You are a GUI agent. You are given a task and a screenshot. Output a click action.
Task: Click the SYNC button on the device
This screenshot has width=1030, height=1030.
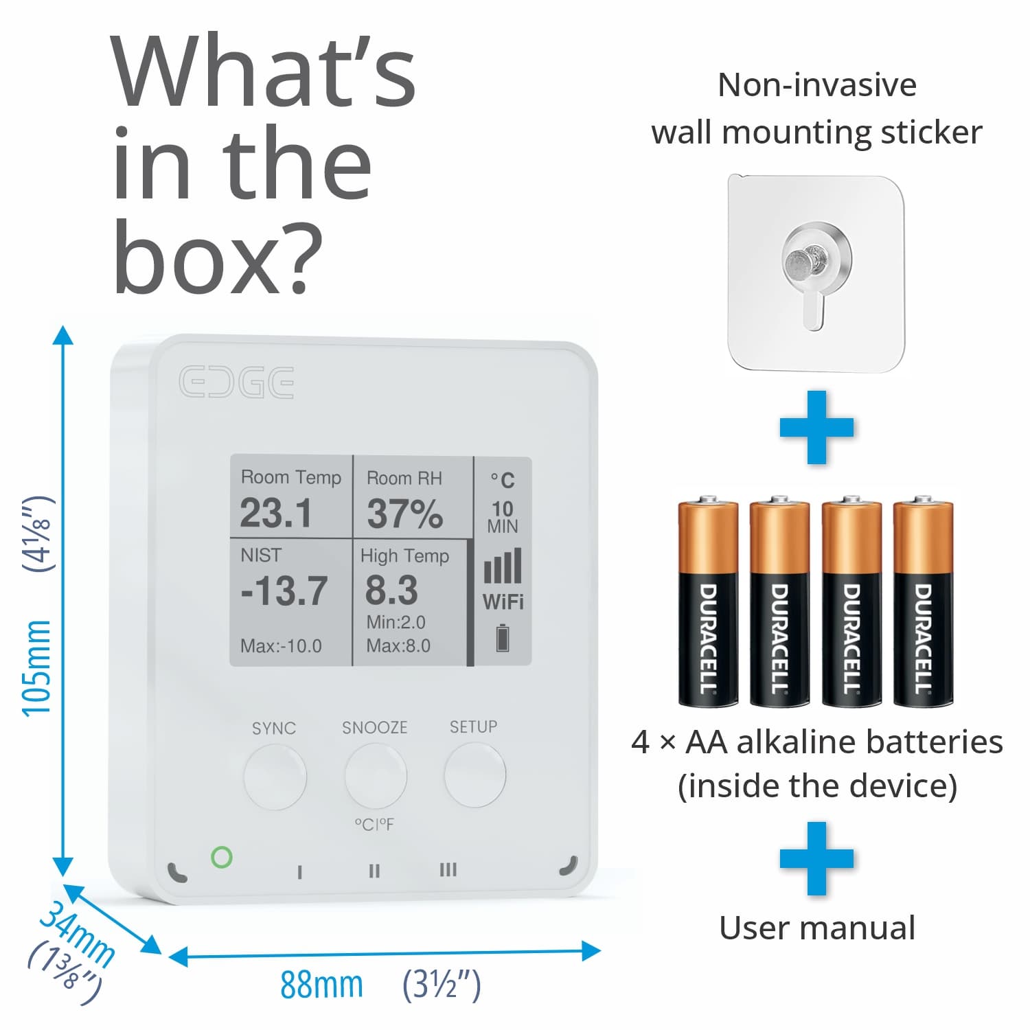(x=275, y=777)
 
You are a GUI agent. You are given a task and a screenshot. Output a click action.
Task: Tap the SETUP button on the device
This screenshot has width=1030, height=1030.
(x=475, y=775)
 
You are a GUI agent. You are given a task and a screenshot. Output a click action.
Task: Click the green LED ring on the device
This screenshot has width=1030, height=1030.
(x=221, y=857)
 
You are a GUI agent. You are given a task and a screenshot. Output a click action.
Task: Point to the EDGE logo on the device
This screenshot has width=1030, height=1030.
(x=237, y=382)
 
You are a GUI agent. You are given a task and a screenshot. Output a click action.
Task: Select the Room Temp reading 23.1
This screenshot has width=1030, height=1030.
(x=275, y=513)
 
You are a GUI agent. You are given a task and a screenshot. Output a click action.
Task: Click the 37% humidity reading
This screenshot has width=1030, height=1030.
(x=404, y=514)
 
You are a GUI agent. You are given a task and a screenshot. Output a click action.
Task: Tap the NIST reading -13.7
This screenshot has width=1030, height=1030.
(x=284, y=591)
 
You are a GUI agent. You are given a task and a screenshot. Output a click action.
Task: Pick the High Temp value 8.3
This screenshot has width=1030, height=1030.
(x=391, y=590)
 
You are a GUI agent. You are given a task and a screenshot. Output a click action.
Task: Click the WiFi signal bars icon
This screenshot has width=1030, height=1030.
(x=503, y=566)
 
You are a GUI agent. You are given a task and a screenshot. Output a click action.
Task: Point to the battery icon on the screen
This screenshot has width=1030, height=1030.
(x=503, y=637)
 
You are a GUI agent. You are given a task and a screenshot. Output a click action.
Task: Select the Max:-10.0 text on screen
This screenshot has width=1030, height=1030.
(x=281, y=646)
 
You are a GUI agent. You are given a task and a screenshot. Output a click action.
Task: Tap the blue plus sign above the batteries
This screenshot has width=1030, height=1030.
(x=816, y=427)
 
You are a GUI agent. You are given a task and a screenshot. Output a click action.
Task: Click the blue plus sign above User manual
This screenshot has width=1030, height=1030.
(x=816, y=858)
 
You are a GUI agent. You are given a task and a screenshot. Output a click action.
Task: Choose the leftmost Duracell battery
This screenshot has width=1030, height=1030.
(x=708, y=601)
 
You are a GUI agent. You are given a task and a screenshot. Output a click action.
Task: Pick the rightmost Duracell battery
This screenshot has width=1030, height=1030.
(x=923, y=601)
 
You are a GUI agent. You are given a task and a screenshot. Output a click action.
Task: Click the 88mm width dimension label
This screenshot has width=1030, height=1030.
(x=321, y=985)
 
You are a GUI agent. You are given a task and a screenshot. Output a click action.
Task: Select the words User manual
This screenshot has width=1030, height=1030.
(x=817, y=928)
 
